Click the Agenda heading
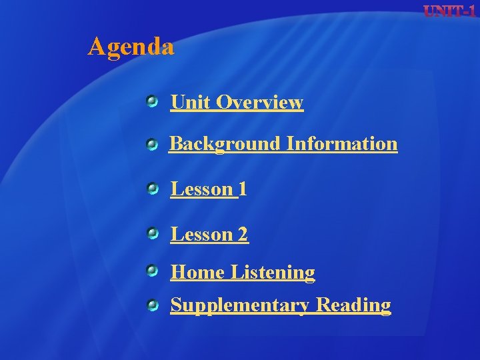[131, 47]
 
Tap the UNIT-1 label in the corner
[450, 11]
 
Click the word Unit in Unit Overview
[191, 102]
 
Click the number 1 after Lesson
[243, 189]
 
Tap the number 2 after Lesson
[243, 234]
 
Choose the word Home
[197, 272]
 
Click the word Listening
[273, 272]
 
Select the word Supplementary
[240, 305]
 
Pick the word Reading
[353, 305]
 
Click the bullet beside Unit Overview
[153, 101]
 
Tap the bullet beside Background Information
[153, 144]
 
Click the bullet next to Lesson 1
[153, 190]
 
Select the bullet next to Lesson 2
[153, 233]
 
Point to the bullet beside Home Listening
[153, 271]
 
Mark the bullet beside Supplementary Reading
[153, 305]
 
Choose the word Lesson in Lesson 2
[201, 234]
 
